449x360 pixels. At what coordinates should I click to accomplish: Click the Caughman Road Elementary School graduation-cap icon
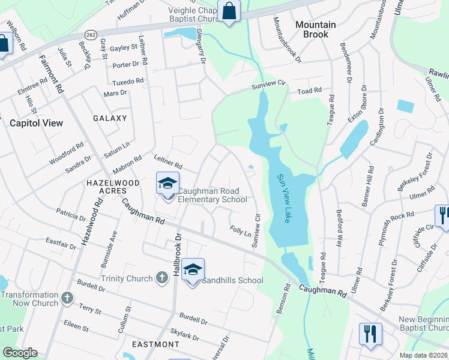(167, 183)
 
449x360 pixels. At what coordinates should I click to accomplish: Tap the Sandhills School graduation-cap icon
(193, 269)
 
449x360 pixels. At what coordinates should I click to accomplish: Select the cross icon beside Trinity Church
(161, 277)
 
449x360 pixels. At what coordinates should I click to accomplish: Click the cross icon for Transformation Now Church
(67, 297)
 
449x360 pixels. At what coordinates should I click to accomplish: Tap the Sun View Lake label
(284, 199)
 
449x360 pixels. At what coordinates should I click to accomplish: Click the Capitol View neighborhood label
(36, 123)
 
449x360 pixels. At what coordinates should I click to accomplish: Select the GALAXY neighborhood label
(110, 118)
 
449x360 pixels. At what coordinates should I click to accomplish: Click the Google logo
(20, 353)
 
